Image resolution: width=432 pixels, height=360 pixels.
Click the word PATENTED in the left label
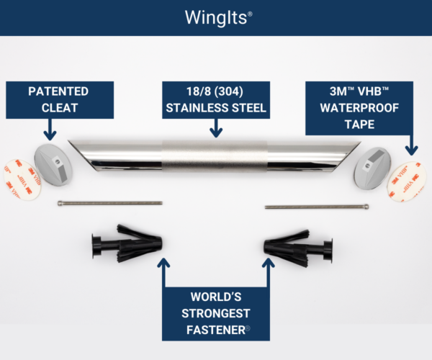tap(59, 93)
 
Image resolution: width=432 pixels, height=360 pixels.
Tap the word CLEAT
tap(59, 109)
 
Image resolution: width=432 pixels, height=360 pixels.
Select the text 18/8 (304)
tap(216, 93)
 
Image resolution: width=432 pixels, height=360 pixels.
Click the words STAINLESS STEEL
tap(216, 109)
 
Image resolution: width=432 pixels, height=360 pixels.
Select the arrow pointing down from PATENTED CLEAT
tap(50, 130)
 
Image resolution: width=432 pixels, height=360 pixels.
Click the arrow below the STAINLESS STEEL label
tap(216, 128)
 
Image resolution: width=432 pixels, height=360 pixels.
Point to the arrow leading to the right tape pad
tap(410, 144)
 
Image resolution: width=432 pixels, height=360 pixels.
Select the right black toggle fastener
tap(297, 246)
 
